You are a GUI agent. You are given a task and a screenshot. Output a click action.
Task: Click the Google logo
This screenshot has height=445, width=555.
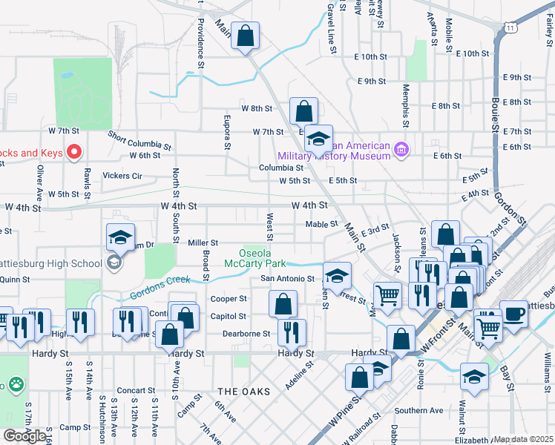pyautogui.click(x=24, y=436)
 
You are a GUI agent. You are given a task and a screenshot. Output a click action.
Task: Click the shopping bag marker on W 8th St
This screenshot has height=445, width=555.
pyautogui.click(x=303, y=111)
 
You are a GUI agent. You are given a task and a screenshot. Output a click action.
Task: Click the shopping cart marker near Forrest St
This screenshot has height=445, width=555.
pyautogui.click(x=387, y=294)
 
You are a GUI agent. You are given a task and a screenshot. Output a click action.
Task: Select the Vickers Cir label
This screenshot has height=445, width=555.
pyautogui.click(x=122, y=176)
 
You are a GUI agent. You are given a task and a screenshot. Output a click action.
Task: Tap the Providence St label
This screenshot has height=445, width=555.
pyautogui.click(x=200, y=39)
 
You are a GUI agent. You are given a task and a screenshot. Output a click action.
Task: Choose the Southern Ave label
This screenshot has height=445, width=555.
pyautogui.click(x=418, y=410)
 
